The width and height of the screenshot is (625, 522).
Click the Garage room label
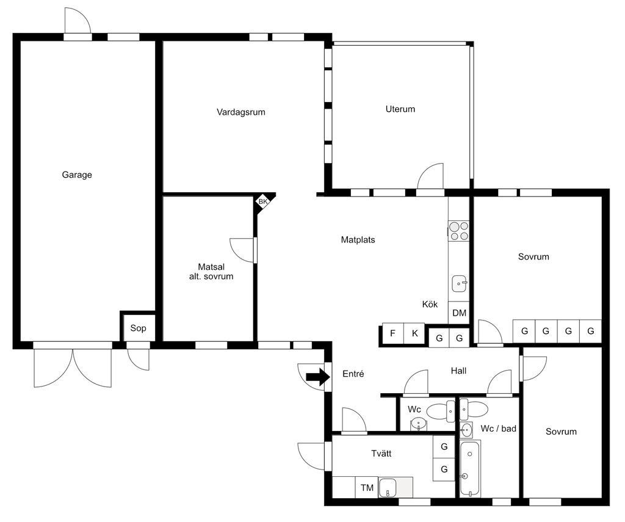coord(77,175)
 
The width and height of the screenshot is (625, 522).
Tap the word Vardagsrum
coord(240,112)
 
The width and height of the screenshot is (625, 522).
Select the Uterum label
coord(400,109)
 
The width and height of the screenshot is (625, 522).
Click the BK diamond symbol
coord(263,201)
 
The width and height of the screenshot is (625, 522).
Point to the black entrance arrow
coord(317,377)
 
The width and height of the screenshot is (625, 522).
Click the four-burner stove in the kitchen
coord(458,231)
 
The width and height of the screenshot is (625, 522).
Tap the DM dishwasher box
coord(459,313)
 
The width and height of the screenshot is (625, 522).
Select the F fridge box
coord(393,333)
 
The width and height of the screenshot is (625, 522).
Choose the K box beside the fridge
coord(415,333)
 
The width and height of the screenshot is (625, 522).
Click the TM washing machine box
coord(367,487)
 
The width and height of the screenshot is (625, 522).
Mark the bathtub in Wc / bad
coord(471,468)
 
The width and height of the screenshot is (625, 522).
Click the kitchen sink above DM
coord(459,283)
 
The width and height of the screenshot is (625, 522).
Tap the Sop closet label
coord(138,328)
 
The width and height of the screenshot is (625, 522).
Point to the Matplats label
coord(358,240)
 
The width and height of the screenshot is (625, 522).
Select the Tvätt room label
coord(381,454)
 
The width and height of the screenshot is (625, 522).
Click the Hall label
coord(458,371)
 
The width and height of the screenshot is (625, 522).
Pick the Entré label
coord(353,374)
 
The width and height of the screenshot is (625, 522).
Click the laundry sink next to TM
coord(387,487)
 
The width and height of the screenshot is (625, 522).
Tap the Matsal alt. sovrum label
coord(211,272)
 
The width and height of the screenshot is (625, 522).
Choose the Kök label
coord(430,304)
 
